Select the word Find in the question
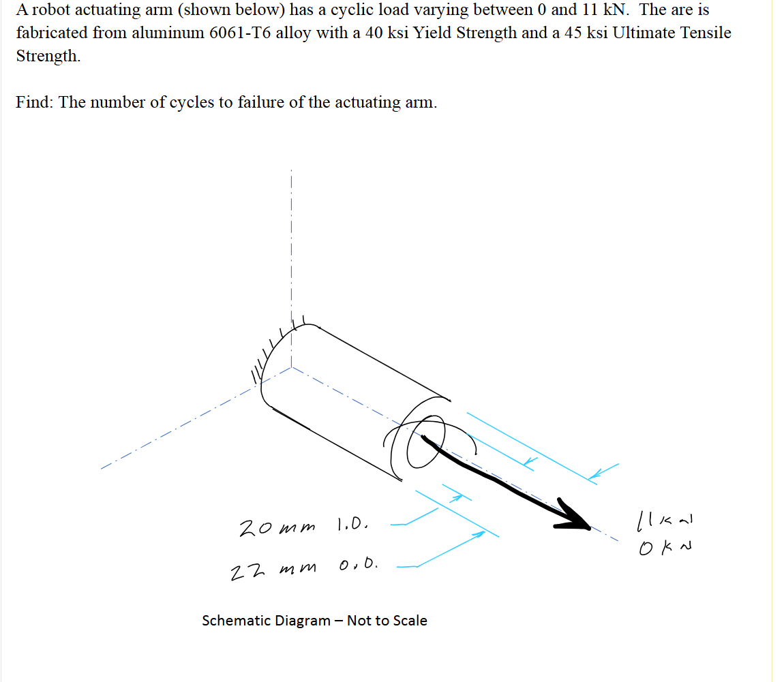33,102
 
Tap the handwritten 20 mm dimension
276,528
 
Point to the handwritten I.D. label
353,525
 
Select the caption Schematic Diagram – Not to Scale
314,621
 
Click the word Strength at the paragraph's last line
47,56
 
